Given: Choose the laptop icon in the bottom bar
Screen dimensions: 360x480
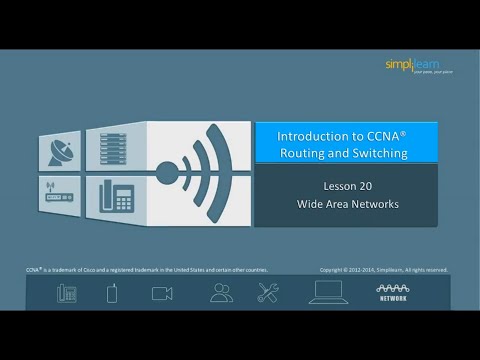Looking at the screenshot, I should pos(327,292).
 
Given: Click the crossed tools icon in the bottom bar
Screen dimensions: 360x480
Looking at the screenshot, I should pos(268,292).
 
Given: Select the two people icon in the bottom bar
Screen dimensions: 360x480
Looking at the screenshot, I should pos(221,292).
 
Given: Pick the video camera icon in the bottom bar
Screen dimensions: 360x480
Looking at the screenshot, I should pos(162,292).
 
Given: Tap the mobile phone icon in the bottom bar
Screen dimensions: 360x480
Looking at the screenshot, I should pos(113,292).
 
